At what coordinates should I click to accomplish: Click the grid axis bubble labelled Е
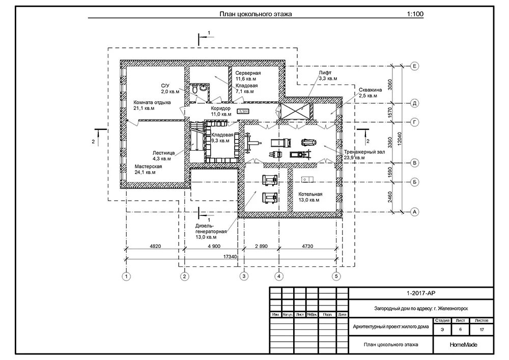click(415, 66)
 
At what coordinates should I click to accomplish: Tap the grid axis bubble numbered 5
click(336, 276)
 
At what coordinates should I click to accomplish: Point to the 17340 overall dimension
click(230, 256)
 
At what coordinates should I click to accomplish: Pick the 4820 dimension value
click(155, 246)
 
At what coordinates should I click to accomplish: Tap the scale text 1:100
click(415, 14)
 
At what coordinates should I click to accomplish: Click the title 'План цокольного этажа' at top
click(256, 15)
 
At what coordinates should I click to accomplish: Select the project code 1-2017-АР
click(420, 293)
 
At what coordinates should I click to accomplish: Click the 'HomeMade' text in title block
click(463, 345)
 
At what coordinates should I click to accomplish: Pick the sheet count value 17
click(481, 330)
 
